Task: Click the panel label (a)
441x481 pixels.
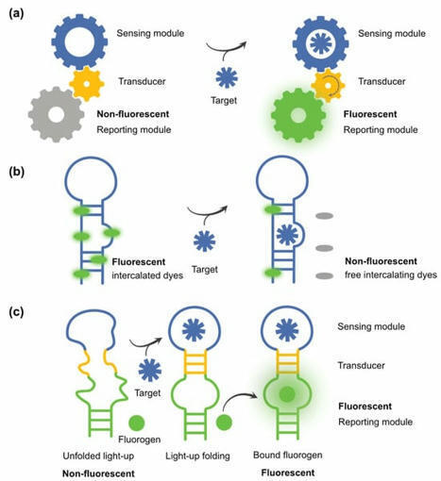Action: click(16, 13)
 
